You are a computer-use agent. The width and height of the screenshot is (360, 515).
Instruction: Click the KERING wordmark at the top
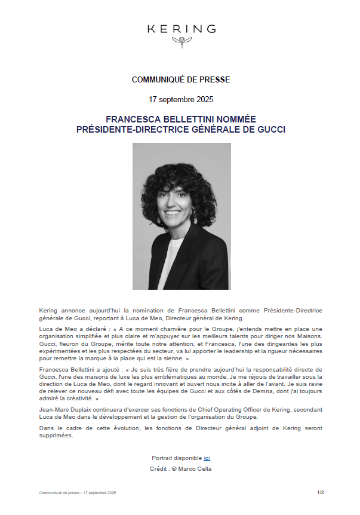click(x=181, y=29)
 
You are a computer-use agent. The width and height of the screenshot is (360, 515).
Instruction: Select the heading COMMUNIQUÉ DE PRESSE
click(x=180, y=79)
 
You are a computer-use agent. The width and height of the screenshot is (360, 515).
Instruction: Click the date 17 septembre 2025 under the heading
click(x=180, y=99)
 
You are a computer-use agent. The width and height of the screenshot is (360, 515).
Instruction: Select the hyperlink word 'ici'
click(x=207, y=458)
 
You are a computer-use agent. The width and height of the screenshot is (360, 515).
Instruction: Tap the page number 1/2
click(x=320, y=492)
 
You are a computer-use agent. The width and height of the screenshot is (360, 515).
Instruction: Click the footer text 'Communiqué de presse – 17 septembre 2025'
click(x=78, y=493)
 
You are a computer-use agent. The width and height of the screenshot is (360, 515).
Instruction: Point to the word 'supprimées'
click(x=56, y=436)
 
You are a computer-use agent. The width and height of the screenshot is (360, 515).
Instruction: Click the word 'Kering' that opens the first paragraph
click(x=50, y=311)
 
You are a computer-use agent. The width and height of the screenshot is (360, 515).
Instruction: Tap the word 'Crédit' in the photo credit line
click(x=159, y=469)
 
